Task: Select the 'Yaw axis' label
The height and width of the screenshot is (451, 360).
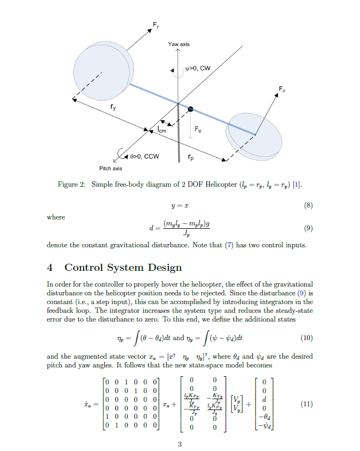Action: point(179,44)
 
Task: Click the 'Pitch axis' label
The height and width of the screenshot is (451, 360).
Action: point(110,168)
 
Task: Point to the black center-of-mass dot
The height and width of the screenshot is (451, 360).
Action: point(190,110)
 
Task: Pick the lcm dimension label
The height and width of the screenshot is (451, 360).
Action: point(162,130)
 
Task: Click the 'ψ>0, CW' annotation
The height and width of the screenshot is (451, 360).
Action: point(197,68)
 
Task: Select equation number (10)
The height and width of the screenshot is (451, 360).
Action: point(307,338)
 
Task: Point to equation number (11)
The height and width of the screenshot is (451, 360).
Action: point(307,405)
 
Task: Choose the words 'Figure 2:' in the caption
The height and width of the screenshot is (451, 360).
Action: point(72,185)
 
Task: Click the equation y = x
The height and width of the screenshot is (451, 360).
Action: point(180,205)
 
